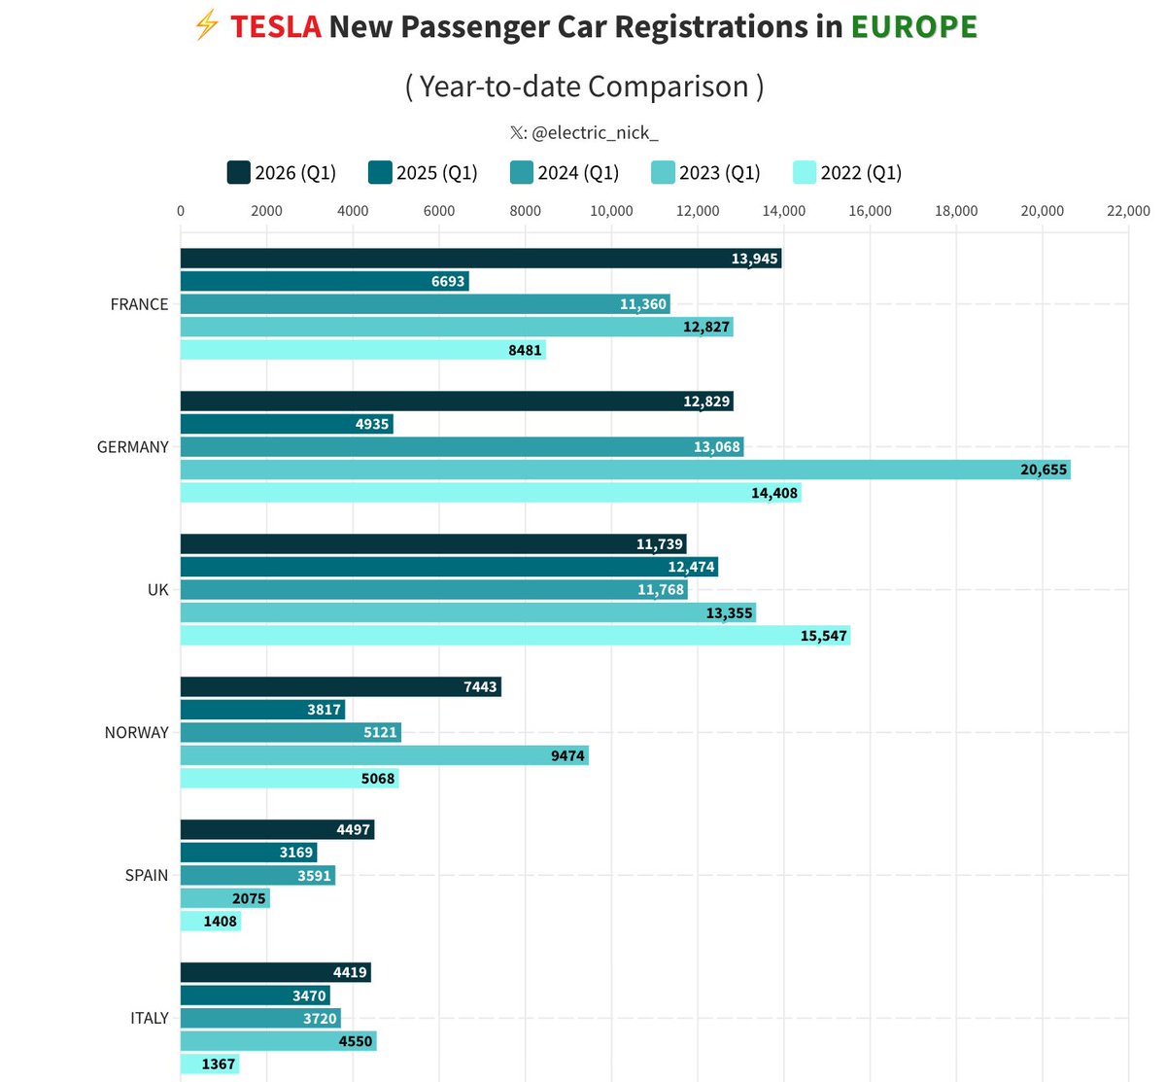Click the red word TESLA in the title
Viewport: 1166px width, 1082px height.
coord(275,26)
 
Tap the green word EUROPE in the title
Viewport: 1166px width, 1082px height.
coord(913,26)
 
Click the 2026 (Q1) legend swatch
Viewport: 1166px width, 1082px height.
coord(238,173)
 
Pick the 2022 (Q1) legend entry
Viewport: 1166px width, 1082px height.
coord(847,173)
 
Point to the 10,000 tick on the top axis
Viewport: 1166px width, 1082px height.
coord(611,211)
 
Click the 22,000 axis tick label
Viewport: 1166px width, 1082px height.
coord(1128,211)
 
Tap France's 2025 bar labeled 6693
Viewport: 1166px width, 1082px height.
coord(324,281)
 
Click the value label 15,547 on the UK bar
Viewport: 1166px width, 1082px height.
coord(823,636)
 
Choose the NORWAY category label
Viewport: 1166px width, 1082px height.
coord(136,733)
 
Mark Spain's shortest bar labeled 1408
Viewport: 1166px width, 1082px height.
coord(210,921)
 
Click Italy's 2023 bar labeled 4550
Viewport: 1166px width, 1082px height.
coord(278,1041)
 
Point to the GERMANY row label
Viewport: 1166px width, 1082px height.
coord(132,447)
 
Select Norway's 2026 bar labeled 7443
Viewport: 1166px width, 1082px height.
coord(340,687)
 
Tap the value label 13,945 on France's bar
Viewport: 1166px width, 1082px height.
coord(754,259)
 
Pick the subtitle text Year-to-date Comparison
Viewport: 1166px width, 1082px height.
coord(584,87)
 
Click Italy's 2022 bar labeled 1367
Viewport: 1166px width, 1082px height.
coord(209,1065)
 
